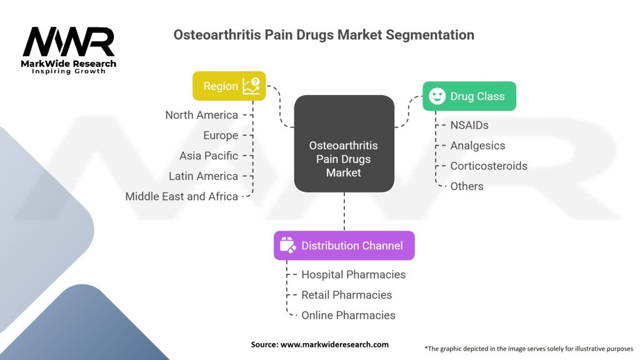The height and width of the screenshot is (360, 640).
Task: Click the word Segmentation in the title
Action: pos(430,35)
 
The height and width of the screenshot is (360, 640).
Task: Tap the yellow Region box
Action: pos(229,86)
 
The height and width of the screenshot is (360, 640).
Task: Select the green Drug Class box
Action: pos(469,96)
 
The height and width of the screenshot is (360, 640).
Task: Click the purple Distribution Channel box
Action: pos(344,246)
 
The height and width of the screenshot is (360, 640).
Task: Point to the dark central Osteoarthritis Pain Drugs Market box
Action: pos(344,144)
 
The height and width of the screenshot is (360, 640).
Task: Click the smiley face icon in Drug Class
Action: pos(437,96)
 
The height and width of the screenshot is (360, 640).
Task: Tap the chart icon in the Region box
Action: pos(251,86)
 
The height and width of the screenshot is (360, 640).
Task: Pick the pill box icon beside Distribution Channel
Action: pos(287,245)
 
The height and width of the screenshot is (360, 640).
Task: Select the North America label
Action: pos(202,115)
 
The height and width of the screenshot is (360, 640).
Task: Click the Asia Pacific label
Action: pos(209,156)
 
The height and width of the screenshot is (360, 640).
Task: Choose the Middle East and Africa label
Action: pos(182,197)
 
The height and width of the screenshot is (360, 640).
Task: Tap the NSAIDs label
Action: pos(469,125)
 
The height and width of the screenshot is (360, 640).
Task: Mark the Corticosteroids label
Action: pos(489,166)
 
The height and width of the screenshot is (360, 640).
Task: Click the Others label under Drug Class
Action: pos(466,186)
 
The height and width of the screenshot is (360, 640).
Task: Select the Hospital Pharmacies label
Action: pos(354,275)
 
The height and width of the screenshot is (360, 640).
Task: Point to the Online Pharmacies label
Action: pos(348,316)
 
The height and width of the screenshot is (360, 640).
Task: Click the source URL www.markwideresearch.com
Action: pos(334,344)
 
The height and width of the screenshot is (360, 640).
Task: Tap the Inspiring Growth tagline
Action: pos(69,71)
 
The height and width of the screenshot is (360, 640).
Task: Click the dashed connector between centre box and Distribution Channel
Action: pos(344,211)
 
